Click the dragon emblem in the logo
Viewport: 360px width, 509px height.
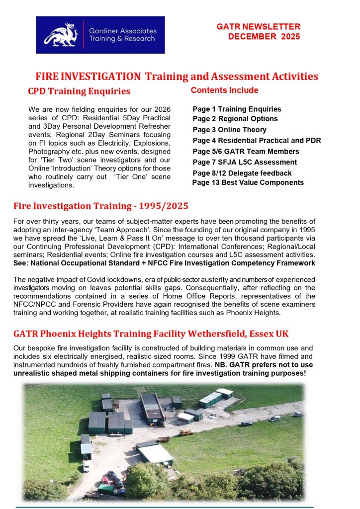click(x=60, y=34)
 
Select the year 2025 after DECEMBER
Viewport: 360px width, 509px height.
click(x=288, y=37)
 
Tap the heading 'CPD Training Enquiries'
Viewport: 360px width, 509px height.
click(x=79, y=91)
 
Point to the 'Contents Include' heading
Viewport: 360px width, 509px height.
click(x=224, y=90)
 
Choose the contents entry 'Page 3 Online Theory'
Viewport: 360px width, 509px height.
click(x=230, y=130)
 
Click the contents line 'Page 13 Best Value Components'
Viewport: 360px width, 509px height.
click(x=248, y=182)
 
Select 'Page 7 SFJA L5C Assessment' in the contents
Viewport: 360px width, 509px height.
click(x=245, y=162)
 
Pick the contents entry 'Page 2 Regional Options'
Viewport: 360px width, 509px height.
click(x=235, y=119)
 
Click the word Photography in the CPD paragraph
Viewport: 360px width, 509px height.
click(x=49, y=151)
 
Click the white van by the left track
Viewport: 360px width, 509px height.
click(x=86, y=466)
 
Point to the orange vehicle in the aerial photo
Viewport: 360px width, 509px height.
click(x=186, y=432)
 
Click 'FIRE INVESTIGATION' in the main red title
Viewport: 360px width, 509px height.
click(x=88, y=77)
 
